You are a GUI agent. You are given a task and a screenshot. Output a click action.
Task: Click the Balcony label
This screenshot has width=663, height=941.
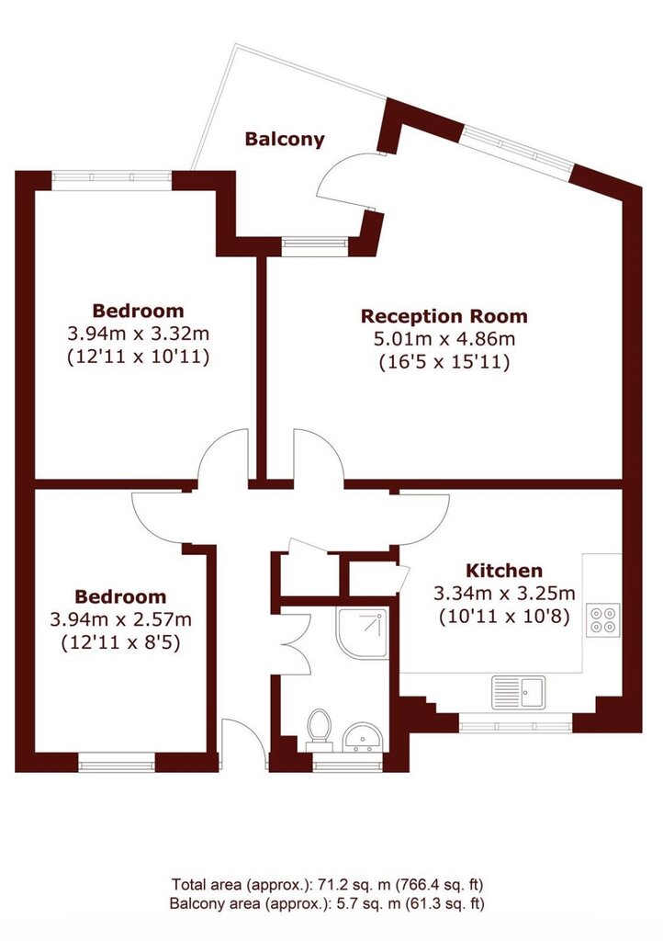(x=285, y=140)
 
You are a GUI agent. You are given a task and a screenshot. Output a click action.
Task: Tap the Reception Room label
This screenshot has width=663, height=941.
(x=444, y=316)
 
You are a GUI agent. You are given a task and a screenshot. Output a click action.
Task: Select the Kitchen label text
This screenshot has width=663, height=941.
(x=504, y=570)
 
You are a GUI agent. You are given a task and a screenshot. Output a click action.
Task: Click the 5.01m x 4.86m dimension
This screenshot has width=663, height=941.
(x=444, y=339)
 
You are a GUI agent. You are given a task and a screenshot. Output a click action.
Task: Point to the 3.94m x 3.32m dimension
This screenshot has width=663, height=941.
(x=139, y=334)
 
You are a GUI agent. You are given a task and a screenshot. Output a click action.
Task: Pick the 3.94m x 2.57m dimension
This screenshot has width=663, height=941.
(x=120, y=619)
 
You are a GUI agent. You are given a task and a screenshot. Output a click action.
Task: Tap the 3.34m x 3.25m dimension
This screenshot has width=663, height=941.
(x=504, y=594)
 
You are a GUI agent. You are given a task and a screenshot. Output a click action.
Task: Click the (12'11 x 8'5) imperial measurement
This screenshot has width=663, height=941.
(x=120, y=642)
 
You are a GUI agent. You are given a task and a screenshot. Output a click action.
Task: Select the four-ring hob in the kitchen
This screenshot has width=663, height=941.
(x=602, y=620)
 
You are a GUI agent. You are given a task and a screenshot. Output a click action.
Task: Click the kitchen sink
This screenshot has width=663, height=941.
(x=519, y=693)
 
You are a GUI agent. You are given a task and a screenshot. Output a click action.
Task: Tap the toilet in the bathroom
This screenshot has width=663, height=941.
(x=319, y=729)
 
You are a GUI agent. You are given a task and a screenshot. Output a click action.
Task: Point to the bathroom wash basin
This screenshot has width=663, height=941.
(x=362, y=738)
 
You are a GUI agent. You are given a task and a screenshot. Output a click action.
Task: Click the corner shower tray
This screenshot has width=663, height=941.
(x=362, y=634)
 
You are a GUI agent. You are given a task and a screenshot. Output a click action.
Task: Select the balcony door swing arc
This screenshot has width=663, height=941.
(x=337, y=177)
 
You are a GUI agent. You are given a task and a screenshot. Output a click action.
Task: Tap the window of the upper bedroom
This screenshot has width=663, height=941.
(x=112, y=177)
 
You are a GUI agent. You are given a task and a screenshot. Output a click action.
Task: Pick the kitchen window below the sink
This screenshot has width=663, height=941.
(x=516, y=723)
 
